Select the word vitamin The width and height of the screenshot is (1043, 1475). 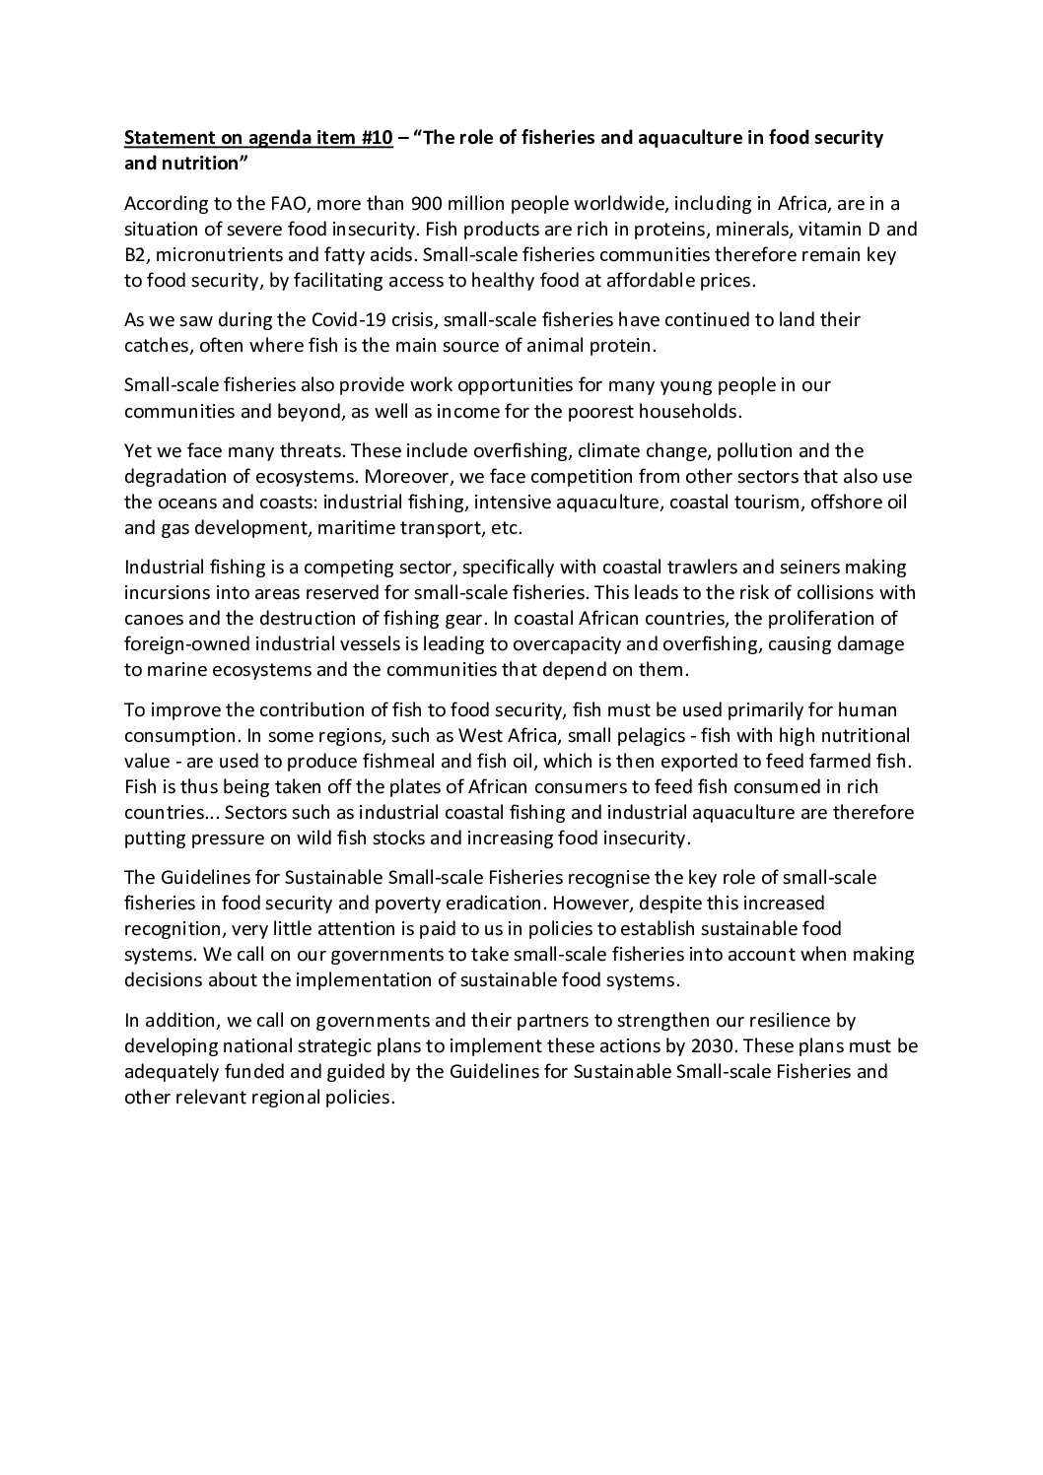(x=829, y=230)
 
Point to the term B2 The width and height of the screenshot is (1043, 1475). (x=136, y=255)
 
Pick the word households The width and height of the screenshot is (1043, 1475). (x=688, y=411)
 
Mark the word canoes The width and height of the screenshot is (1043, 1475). (x=152, y=619)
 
